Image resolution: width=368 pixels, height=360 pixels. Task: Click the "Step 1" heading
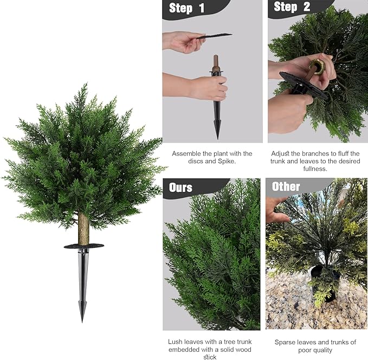pos(186,8)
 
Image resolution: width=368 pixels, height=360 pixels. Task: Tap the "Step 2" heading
pos(292,7)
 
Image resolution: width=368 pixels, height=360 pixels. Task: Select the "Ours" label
pos(180,188)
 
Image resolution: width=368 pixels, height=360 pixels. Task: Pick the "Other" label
pos(286,187)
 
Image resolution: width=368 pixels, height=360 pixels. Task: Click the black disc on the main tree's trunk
pos(84,246)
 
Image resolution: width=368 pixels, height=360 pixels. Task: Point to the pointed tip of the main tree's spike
pos(82,322)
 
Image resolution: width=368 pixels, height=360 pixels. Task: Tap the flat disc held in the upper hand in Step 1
pos(214,36)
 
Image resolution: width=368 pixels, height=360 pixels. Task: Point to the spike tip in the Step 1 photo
pos(217,138)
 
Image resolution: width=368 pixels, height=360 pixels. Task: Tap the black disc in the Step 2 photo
pos(303,85)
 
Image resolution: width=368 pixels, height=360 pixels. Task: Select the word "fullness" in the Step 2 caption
pos(315,169)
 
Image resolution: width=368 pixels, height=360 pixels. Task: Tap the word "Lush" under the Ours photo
pos(175,342)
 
